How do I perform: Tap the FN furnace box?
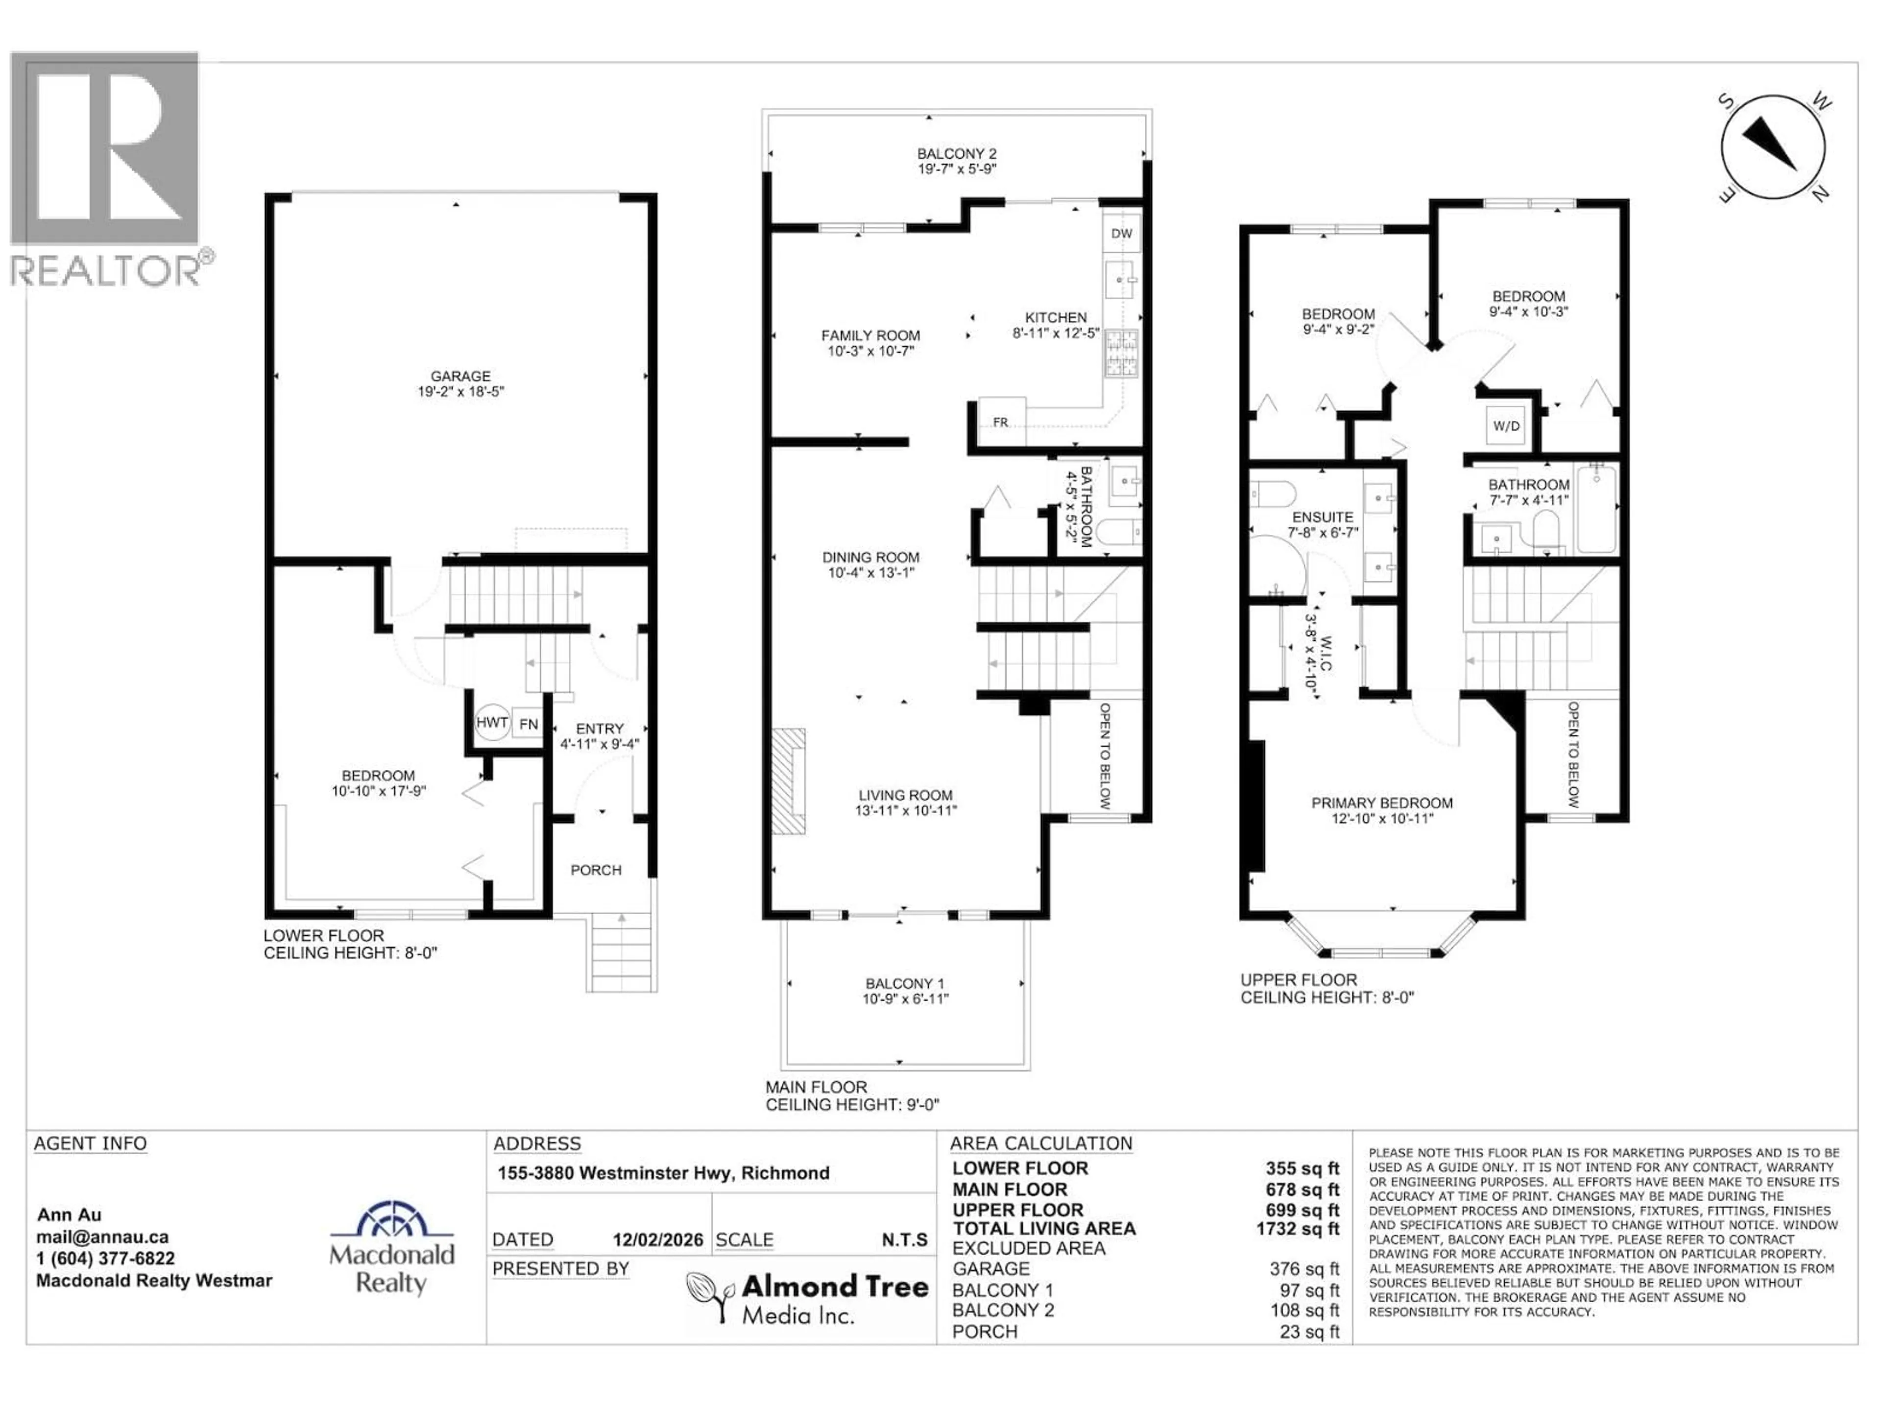(528, 724)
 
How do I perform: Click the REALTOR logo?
(106, 170)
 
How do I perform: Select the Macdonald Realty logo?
(392, 1248)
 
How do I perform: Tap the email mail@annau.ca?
(102, 1238)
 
